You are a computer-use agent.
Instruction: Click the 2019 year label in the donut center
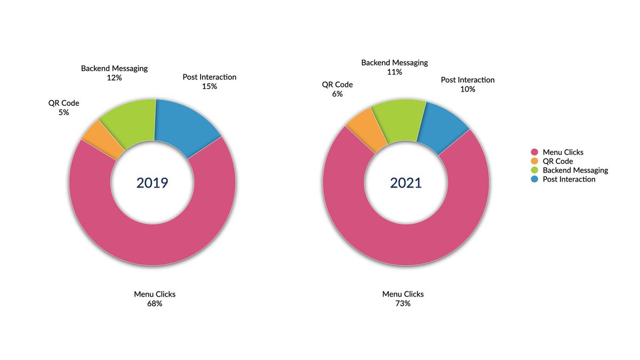point(152,183)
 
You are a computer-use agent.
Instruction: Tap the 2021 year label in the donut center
point(406,183)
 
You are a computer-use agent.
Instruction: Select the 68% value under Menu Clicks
point(155,303)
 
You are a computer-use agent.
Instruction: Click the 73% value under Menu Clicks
point(403,303)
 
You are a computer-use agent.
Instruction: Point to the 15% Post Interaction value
point(210,86)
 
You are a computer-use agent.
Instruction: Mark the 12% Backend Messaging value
point(114,78)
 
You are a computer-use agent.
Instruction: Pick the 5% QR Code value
point(63,113)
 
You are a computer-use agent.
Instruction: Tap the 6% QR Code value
point(337,94)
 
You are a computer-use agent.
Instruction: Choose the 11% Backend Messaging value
point(395,72)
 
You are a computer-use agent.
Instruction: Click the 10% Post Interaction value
point(468,89)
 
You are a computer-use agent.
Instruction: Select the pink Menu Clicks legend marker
point(534,152)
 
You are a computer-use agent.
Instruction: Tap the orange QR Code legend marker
point(534,161)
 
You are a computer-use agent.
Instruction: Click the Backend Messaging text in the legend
point(575,170)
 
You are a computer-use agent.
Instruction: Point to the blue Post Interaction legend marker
point(534,179)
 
